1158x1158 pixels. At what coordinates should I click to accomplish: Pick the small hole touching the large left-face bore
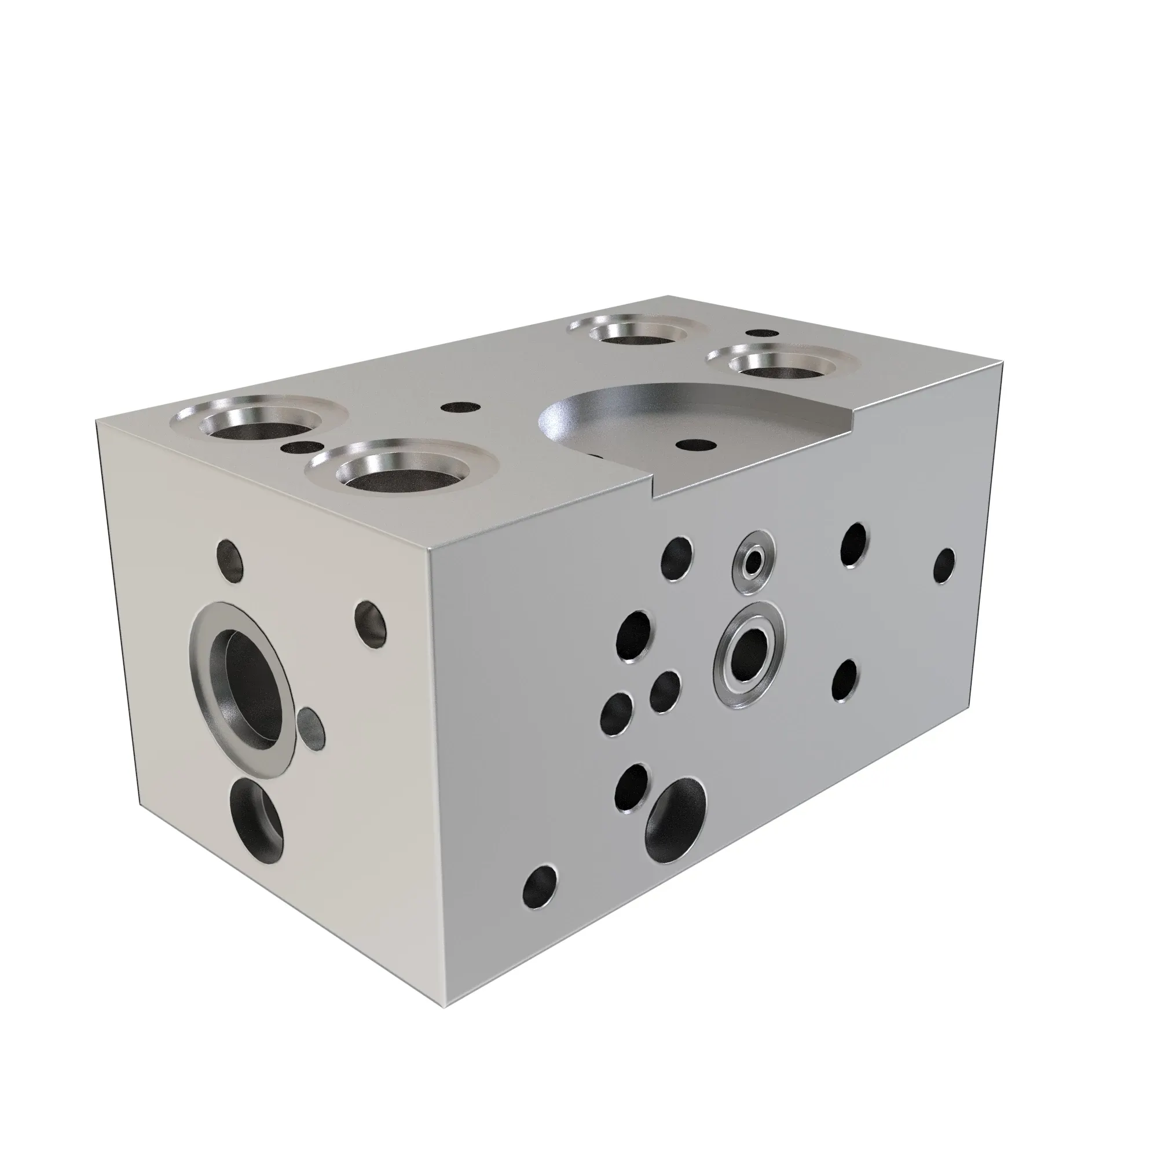[x=311, y=728]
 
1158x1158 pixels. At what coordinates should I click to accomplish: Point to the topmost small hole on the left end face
[x=231, y=561]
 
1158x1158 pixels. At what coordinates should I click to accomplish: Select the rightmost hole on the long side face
[x=944, y=566]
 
